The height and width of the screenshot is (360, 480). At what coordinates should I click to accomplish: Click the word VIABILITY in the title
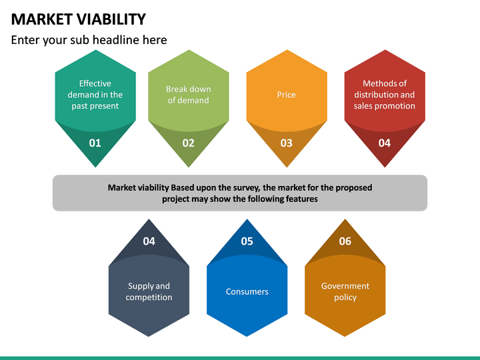[107, 19]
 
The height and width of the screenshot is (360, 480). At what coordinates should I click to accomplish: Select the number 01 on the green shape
[95, 143]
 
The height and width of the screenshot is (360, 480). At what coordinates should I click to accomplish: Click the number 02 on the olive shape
[189, 143]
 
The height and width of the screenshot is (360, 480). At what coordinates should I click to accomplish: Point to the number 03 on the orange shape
[287, 143]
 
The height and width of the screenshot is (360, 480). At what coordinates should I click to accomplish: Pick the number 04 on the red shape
[385, 143]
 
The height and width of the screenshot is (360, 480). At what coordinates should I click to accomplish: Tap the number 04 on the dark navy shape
[149, 241]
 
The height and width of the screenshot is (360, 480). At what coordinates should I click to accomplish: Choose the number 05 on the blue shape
[247, 241]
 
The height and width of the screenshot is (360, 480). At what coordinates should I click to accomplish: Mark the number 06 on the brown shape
[345, 241]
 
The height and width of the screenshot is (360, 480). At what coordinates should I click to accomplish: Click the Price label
[287, 95]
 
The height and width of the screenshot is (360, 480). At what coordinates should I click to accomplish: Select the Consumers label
[247, 291]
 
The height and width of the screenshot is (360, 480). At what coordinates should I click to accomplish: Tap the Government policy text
[345, 291]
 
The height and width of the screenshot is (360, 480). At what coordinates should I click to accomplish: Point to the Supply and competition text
[149, 291]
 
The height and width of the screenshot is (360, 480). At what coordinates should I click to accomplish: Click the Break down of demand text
[189, 95]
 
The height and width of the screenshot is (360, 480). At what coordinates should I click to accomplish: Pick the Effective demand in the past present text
[95, 95]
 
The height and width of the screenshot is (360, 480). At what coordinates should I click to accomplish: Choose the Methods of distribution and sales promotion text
[385, 95]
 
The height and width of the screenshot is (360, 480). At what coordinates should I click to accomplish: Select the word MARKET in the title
[41, 19]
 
